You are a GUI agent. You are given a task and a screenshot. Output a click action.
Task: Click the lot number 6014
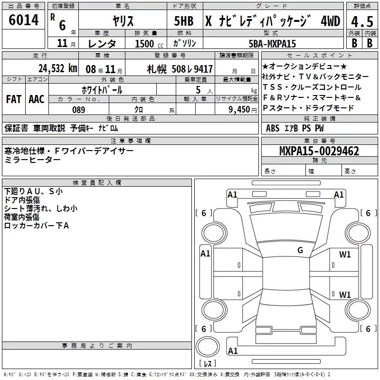(x=23, y=20)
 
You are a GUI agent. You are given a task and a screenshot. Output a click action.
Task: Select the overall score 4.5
(x=362, y=21)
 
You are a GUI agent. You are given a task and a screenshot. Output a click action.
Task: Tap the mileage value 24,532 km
(x=57, y=68)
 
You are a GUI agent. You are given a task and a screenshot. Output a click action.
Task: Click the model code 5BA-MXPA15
(x=272, y=44)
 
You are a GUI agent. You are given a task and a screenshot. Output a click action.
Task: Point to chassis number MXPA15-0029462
(x=319, y=151)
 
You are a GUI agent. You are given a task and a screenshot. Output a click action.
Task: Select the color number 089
(x=78, y=110)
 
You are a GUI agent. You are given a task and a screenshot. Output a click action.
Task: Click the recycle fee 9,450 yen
(x=243, y=110)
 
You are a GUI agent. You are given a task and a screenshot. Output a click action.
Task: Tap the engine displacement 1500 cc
(x=149, y=44)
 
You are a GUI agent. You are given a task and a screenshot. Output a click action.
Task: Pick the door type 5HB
(x=184, y=21)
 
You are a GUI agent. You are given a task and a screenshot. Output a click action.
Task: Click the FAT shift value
(x=14, y=99)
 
